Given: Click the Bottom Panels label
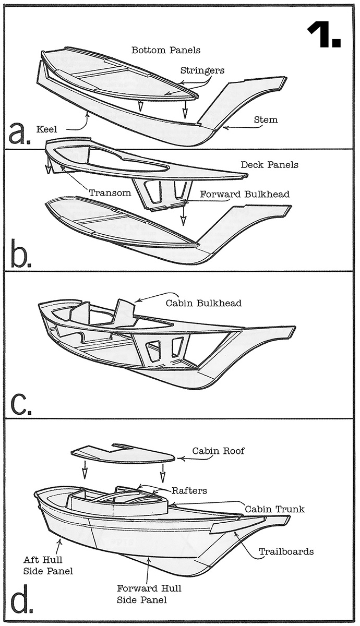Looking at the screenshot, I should pos(166,51).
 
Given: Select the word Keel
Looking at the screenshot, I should pos(47,128).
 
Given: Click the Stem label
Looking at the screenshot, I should pos(266,120).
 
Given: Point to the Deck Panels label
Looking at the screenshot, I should pos(269,165).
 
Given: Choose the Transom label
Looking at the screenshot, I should pos(110,193).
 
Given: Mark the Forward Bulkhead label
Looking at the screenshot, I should pos(246,194).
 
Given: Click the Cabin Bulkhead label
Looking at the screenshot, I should pos(203,303).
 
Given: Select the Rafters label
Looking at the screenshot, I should pos(189,491).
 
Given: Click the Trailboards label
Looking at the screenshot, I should pos(286,551).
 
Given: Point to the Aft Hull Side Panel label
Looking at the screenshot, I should pos(48,565).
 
